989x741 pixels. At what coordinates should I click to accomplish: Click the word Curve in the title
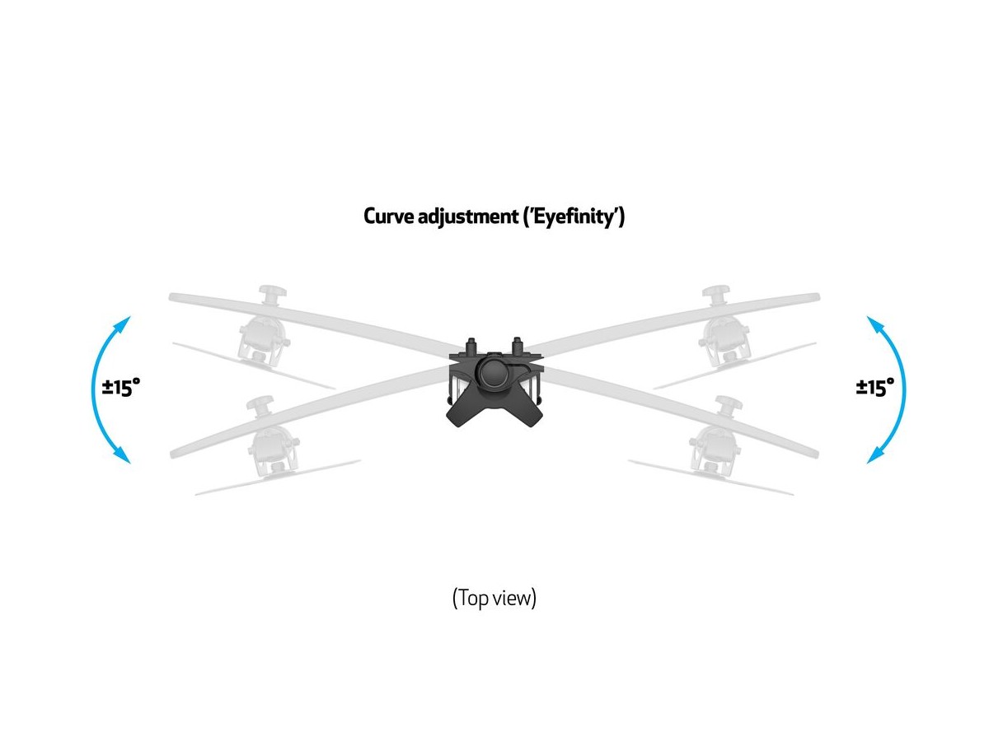(x=390, y=217)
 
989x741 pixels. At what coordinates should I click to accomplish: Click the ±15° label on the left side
(x=121, y=387)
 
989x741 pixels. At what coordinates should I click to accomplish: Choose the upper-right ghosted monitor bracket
(x=723, y=329)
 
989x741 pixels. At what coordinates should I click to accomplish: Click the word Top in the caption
(x=474, y=599)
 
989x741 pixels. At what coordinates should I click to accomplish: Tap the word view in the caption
(x=514, y=599)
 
